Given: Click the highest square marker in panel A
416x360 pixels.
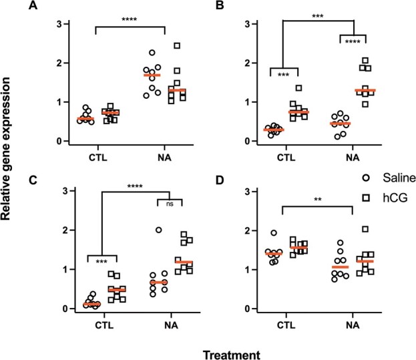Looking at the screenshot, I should click(x=177, y=46).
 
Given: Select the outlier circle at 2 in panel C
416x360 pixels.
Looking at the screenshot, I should click(x=158, y=230).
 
